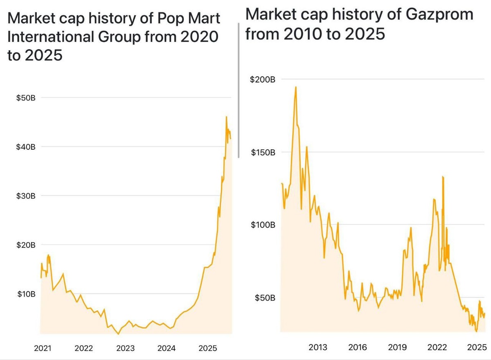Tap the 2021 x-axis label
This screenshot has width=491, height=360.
point(43,348)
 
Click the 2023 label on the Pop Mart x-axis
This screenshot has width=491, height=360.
point(125,348)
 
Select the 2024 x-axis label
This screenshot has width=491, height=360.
point(167,348)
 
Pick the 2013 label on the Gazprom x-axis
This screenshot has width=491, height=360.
point(318,347)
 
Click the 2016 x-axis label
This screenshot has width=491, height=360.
point(358,347)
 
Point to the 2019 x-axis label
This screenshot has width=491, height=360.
point(397,347)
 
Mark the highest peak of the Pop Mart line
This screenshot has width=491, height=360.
point(226,117)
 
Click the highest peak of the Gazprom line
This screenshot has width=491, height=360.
point(295,87)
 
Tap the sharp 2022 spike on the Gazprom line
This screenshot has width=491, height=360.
point(443,177)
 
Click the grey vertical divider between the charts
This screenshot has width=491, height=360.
point(239,90)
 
